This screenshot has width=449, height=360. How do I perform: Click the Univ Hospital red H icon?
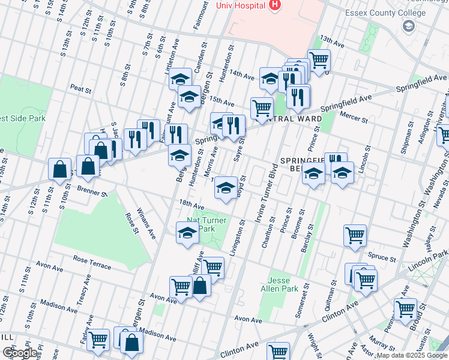pyautogui.click(x=276, y=5)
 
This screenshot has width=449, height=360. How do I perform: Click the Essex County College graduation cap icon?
pyautogui.click(x=409, y=25)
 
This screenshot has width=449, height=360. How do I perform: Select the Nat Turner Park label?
pyautogui.click(x=207, y=224)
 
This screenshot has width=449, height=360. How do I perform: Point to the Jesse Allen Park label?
pyautogui.click(x=283, y=284)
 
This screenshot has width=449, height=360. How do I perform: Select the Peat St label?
pyautogui.click(x=80, y=89)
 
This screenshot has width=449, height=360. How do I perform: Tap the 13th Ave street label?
pyautogui.click(x=332, y=41)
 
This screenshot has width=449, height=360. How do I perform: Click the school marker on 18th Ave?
pyautogui.click(x=226, y=187)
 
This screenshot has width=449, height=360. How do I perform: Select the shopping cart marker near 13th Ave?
pyautogui.click(x=319, y=60)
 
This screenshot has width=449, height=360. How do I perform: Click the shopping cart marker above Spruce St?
pyautogui.click(x=355, y=235)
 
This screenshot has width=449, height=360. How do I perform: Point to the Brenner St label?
pyautogui.click(x=91, y=191)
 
